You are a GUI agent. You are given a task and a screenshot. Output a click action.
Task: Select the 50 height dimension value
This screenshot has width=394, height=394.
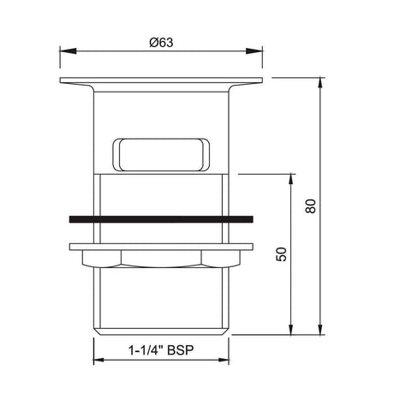coord(281,254)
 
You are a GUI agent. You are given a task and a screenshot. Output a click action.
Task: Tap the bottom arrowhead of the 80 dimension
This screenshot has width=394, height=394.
coord(319,330)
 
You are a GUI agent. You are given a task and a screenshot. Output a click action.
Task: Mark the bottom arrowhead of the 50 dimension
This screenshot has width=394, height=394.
coord(290,330)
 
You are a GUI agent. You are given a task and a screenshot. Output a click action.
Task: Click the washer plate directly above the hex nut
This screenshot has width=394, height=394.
coord(160,245)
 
